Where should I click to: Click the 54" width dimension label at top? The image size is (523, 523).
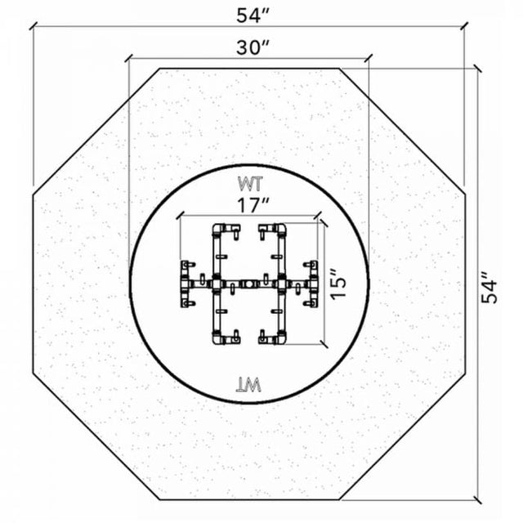253,16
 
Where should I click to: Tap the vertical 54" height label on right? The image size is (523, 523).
489,288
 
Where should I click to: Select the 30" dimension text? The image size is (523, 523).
253,47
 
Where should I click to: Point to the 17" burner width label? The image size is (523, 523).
253,205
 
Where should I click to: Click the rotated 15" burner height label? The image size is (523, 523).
338,284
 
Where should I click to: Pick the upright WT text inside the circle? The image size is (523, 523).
250,184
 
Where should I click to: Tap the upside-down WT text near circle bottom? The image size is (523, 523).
248,385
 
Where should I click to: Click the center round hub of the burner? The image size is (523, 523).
248,284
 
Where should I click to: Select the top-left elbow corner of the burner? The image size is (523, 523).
218,229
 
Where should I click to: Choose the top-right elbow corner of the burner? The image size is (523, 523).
281,229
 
